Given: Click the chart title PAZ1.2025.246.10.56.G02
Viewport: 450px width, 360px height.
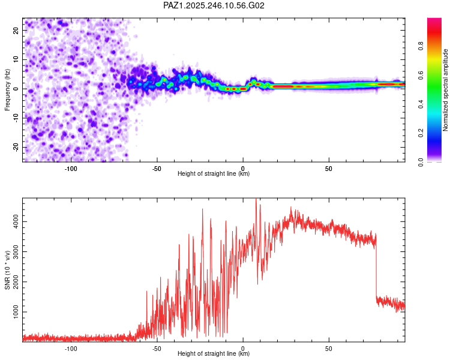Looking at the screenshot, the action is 214,5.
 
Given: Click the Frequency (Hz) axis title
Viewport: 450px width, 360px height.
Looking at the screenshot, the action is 7,90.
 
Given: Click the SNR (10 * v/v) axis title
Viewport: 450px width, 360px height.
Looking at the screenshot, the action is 7,270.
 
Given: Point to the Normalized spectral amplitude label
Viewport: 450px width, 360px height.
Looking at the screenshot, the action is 445,90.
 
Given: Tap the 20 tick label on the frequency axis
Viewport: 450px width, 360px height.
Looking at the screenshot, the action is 16,31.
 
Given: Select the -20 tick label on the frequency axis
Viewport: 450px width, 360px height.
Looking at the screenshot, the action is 16,147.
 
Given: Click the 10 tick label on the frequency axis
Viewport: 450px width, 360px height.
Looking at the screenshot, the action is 16,59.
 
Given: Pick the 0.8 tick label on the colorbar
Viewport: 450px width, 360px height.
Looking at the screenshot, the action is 421,46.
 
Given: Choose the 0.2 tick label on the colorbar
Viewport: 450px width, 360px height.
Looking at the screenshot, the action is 421,133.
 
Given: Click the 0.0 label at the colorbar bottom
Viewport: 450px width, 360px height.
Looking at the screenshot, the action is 421,162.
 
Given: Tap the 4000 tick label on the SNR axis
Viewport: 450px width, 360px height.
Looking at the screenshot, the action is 16,221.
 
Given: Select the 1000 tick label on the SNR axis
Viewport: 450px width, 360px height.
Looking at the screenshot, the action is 16,312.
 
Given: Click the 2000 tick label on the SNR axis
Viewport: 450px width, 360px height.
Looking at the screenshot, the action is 16,281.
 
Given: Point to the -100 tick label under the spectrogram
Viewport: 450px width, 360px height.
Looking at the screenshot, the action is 71,169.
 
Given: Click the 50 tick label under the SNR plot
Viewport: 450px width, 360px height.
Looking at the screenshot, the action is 329,349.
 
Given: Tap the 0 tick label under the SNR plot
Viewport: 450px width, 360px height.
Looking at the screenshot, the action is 243,349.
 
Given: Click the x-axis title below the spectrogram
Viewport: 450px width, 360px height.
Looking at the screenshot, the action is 214,173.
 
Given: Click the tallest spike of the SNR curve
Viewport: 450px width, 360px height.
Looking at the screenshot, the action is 256,199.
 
